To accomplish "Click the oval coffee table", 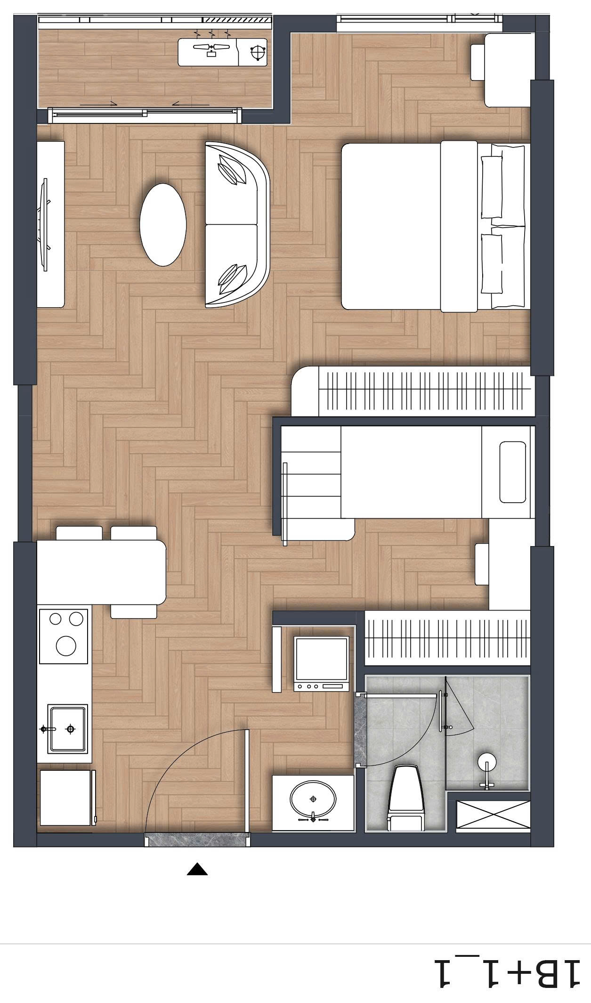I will (x=163, y=224).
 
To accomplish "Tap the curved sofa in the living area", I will (x=237, y=225).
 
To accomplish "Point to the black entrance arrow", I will (x=197, y=870).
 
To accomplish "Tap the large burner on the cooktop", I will (x=66, y=645).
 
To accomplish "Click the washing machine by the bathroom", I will (x=321, y=663).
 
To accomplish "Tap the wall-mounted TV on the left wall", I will (x=45, y=224).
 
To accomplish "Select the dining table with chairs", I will (x=101, y=572).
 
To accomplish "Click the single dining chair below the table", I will (x=134, y=612).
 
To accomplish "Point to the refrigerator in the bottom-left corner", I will (x=67, y=798).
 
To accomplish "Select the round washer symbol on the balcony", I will (x=258, y=52).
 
